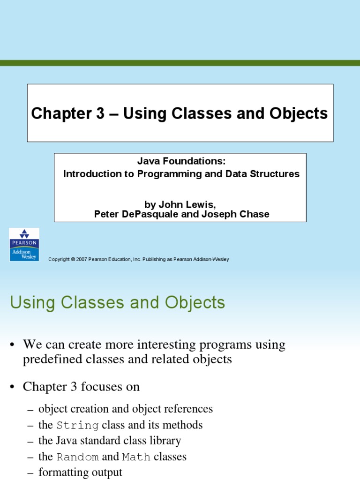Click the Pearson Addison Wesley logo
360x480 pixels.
24,245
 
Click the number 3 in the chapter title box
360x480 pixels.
98,113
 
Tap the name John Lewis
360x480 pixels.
187,204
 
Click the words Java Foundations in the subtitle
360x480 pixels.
181,161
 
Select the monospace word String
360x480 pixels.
77,426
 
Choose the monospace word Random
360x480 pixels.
77,457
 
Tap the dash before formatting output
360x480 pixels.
30,473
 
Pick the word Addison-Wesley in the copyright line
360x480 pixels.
210,260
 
